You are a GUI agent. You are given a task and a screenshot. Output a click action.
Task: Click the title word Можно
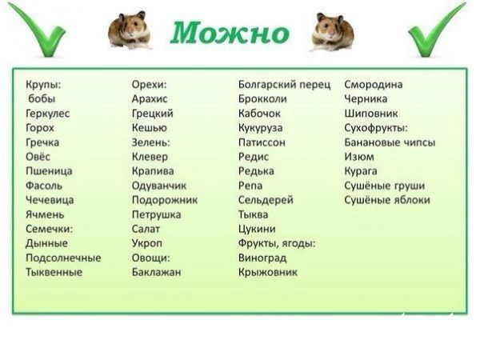click(x=230, y=33)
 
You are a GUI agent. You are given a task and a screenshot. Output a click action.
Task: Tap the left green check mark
click(x=38, y=32)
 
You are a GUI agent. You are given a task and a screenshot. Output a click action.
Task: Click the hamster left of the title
click(x=130, y=30)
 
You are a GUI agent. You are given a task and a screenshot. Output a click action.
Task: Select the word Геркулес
click(x=48, y=114)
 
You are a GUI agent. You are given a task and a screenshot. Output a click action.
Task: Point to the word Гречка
click(x=42, y=142)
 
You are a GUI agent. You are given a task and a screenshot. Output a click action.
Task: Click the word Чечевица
click(x=50, y=200)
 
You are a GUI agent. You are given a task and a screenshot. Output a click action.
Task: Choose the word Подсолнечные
click(x=63, y=258)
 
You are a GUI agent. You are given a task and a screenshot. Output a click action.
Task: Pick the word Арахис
click(x=150, y=99)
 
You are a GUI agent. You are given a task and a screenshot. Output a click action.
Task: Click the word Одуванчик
click(x=159, y=186)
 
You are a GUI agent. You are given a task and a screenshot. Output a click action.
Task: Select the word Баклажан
click(x=157, y=272)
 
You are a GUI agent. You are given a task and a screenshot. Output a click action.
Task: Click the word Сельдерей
click(x=266, y=200)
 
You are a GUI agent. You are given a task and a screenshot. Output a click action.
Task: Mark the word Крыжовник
click(x=268, y=272)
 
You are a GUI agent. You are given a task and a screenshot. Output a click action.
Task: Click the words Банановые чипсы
click(x=390, y=142)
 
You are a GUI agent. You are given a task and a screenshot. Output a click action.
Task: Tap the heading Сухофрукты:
click(x=376, y=128)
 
